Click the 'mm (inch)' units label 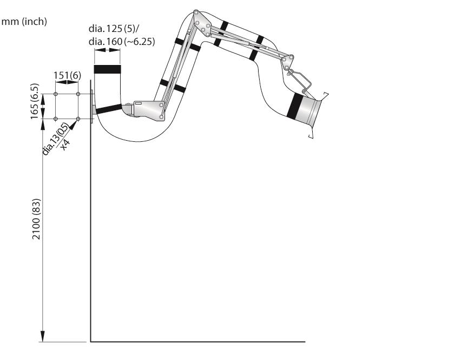(24, 22)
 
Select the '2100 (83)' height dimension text (36, 219)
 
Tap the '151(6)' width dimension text (67, 75)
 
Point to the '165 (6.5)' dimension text (34, 101)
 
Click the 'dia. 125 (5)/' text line (114, 29)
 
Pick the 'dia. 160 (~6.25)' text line (122, 42)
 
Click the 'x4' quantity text (65, 145)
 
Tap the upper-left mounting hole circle (55, 94)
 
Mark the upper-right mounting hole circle (78, 94)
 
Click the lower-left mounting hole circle (55, 119)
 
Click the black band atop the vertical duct (107, 69)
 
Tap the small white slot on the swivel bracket (138, 103)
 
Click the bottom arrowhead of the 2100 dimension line (43, 336)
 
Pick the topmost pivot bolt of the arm (196, 13)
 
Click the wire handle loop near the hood (301, 81)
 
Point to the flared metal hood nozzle (312, 112)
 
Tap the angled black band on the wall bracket (109, 109)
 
